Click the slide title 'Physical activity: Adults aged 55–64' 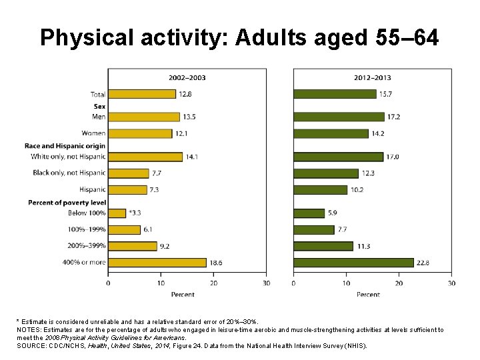coord(239,38)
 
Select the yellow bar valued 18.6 coord(157,263)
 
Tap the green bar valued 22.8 coord(353,263)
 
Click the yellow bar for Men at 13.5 coord(144,117)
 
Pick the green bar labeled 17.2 coord(339,117)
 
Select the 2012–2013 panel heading coord(372,77)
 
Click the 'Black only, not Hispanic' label coord(69,173)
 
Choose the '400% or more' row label coord(84,263)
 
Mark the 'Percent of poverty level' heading coord(66,202)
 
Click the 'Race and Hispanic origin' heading coord(65,145)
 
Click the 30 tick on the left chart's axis coord(266,283)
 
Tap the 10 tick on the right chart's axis coord(346,283)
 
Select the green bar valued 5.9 coord(309,213)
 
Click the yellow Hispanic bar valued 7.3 coord(127,190)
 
